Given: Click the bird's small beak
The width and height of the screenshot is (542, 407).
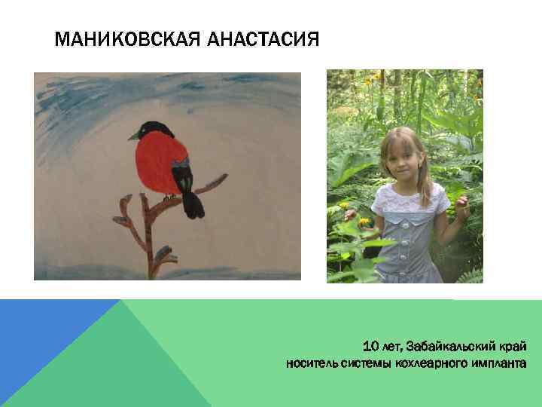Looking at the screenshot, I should tap(132, 136).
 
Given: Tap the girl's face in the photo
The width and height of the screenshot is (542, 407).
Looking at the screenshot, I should tap(402, 157).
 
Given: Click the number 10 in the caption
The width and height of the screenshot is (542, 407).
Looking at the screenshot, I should tap(371, 347).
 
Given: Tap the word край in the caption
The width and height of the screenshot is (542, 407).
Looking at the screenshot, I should tap(514, 347).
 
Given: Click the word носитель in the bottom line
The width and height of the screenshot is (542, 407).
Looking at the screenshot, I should tap(309, 365).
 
